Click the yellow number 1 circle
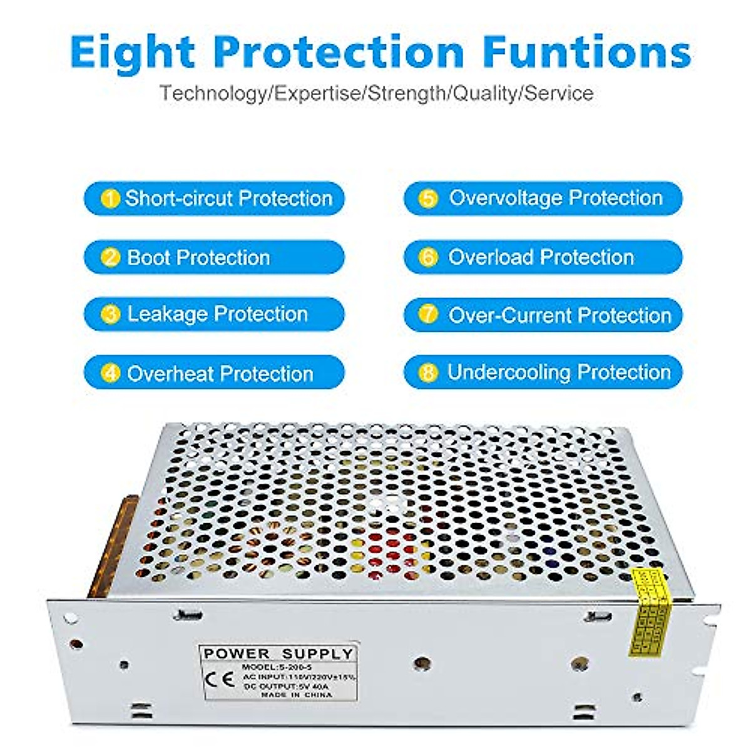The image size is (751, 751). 110,199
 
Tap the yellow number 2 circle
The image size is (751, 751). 111,257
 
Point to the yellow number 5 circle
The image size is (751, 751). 428,199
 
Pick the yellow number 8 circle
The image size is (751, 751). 428,373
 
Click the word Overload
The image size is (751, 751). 490,257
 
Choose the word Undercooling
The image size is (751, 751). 508,372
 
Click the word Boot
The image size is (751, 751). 148,257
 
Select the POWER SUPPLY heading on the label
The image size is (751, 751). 278,654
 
